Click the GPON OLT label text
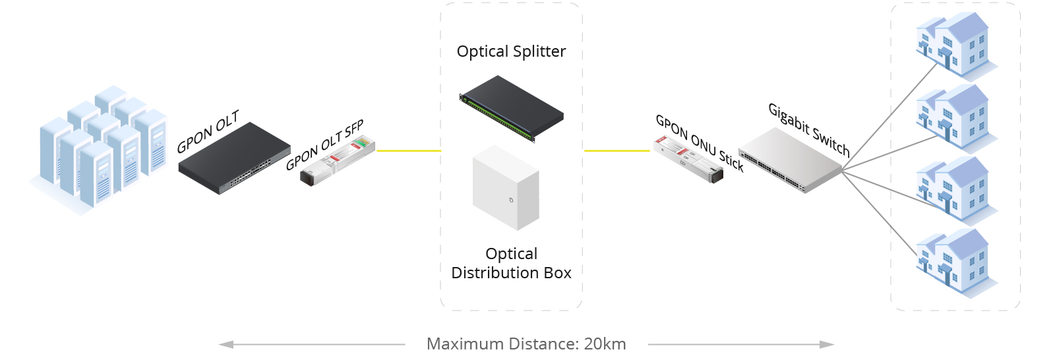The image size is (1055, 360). click(207, 132)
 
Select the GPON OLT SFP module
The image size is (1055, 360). click(338, 162)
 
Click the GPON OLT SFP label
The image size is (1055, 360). click(324, 146)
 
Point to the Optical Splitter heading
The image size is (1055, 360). click(511, 51)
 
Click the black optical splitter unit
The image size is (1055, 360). click(512, 108)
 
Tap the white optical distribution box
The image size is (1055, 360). click(506, 188)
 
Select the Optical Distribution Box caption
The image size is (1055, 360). click(511, 263)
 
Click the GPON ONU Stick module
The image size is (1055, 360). click(688, 159)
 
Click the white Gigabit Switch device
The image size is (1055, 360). click(790, 160)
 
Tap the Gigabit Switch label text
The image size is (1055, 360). click(809, 129)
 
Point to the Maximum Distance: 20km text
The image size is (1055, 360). click(526, 344)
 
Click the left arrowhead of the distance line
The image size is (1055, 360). click(226, 344)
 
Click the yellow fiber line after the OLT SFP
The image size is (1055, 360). click(408, 150)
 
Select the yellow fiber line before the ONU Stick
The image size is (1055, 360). click(617, 150)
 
